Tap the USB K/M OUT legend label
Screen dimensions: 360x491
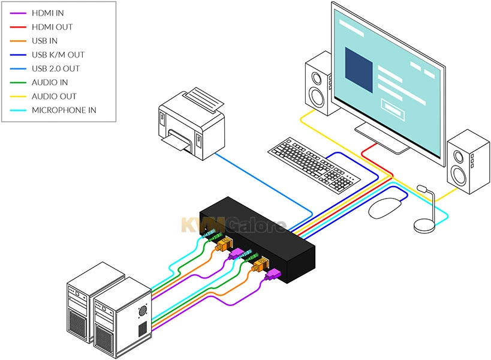[x=58, y=55]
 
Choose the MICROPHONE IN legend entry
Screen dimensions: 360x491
[x=64, y=110]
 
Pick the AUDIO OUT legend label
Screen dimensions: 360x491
[x=54, y=96]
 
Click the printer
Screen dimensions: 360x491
[x=189, y=123]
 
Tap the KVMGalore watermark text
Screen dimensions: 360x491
[x=234, y=224]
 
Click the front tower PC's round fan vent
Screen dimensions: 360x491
[x=143, y=311]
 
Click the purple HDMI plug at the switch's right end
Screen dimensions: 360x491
[x=273, y=275]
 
